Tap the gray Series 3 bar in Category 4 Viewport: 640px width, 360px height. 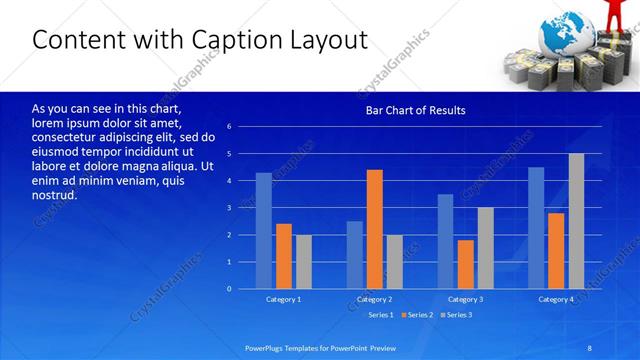[576, 221]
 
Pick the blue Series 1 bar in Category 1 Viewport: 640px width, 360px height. [263, 231]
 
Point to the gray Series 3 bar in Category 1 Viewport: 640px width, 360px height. [303, 262]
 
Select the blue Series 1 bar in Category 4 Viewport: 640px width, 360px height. [536, 228]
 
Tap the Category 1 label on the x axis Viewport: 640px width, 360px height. [283, 299]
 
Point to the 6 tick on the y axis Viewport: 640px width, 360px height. [229, 127]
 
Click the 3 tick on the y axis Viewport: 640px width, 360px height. [229, 208]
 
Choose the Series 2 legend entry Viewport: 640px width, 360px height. [418, 315]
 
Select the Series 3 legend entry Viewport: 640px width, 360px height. [457, 315]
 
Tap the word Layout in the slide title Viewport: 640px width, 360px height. [330, 40]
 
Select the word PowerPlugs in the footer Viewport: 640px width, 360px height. [267, 347]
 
